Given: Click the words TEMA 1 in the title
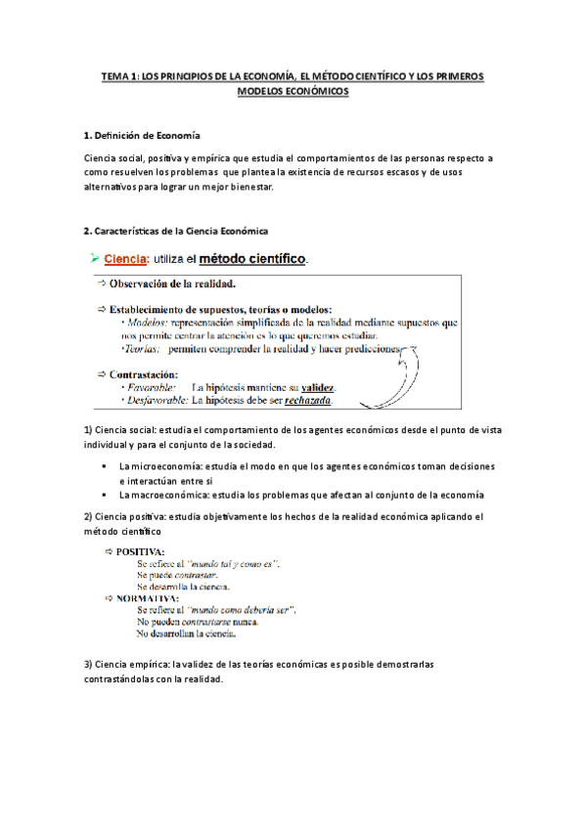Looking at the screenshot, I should (x=122, y=75).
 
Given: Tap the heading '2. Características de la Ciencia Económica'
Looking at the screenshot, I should (x=175, y=231).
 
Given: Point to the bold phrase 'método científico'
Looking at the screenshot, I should (x=252, y=260).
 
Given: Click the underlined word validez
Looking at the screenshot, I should (x=318, y=387).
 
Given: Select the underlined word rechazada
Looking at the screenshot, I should (x=303, y=400).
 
